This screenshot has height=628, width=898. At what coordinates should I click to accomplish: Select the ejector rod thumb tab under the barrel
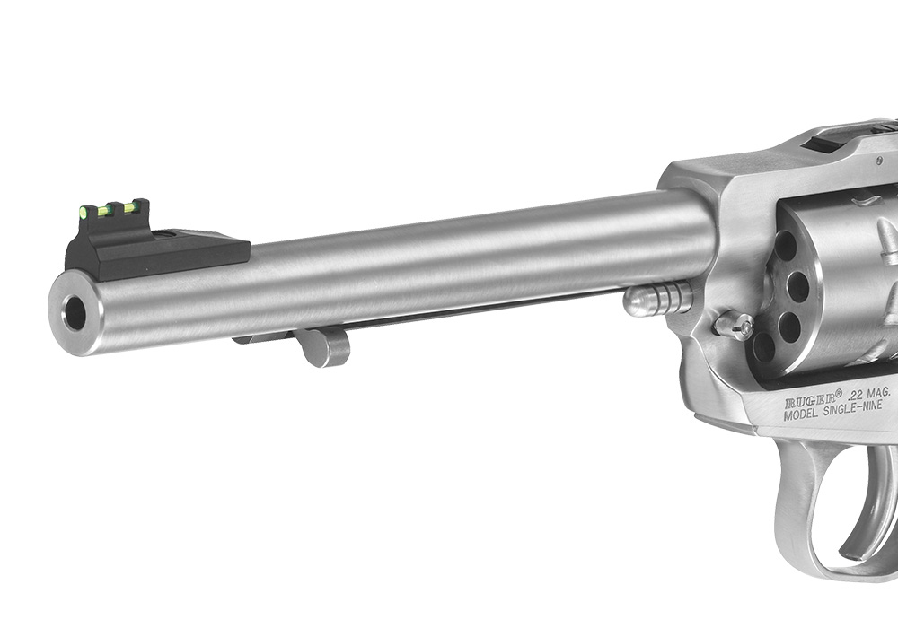[327, 348]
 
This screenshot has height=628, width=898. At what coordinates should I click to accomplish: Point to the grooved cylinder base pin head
[658, 301]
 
